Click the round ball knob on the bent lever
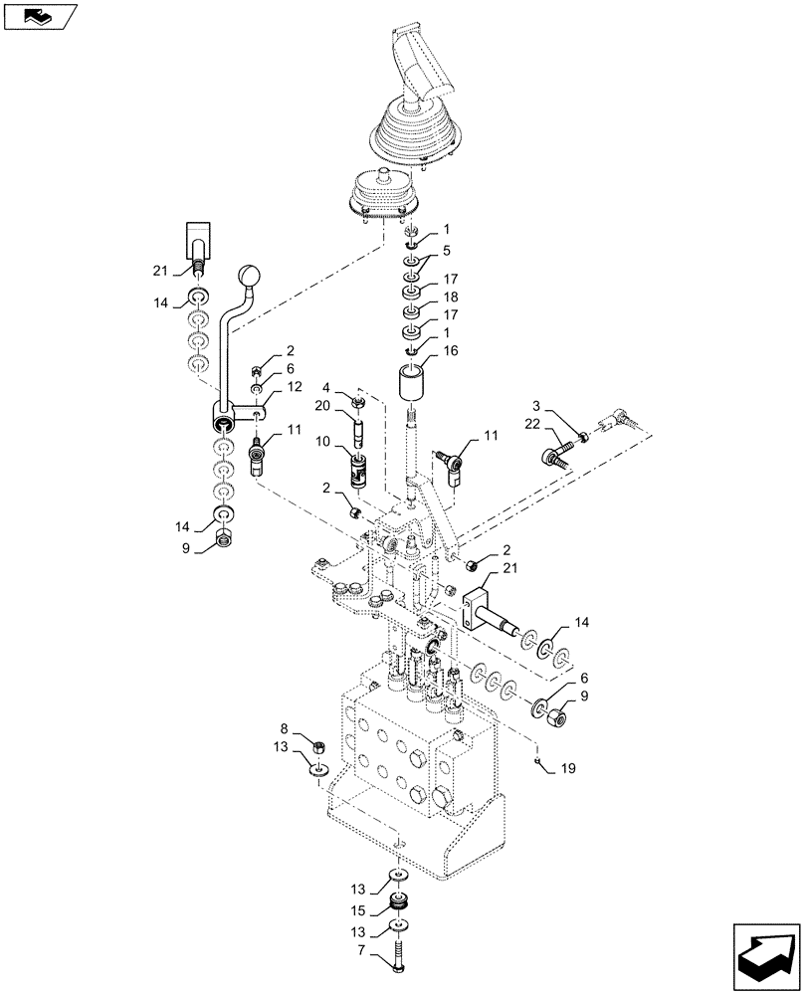[x=249, y=276]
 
